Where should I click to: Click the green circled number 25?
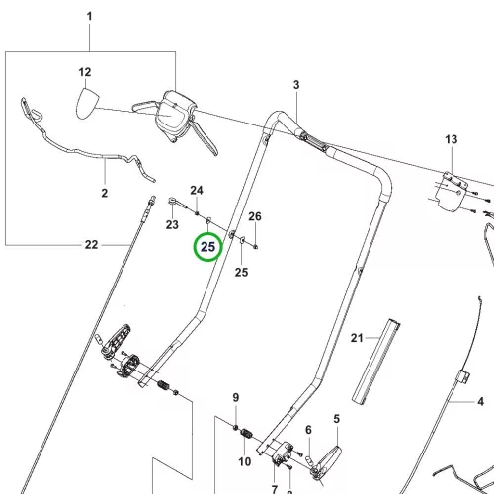208,247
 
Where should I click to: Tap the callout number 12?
85,72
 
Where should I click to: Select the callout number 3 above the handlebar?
296,85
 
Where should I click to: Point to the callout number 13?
452,139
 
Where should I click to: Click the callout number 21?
357,338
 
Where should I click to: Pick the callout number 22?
91,245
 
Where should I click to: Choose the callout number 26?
255,216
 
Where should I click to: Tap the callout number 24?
197,191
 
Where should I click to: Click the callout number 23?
172,225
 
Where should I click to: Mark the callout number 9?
236,398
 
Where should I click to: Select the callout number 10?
245,461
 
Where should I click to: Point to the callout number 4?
481,402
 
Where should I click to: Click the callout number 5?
336,419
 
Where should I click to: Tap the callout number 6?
308,430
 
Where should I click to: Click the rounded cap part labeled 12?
87,103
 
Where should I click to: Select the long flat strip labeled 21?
376,362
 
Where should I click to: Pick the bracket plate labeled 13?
452,191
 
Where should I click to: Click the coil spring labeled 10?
247,434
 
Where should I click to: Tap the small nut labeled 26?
256,246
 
